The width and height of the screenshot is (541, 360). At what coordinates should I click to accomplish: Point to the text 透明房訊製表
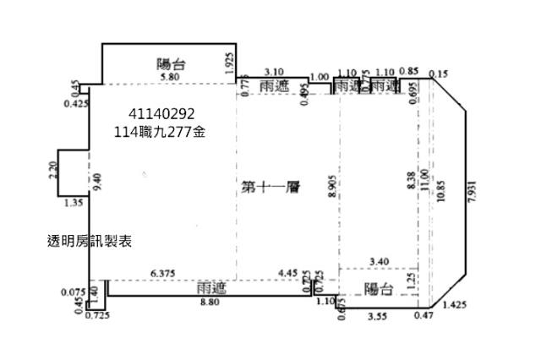pos(90,241)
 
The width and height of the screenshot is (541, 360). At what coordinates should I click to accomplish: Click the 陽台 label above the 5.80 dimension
pos(172,63)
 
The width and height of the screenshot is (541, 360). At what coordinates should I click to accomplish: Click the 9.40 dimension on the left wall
pos(98,179)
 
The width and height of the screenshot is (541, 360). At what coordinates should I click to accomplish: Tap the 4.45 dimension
pos(287,272)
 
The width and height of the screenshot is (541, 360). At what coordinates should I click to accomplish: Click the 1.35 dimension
pos(74,203)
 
